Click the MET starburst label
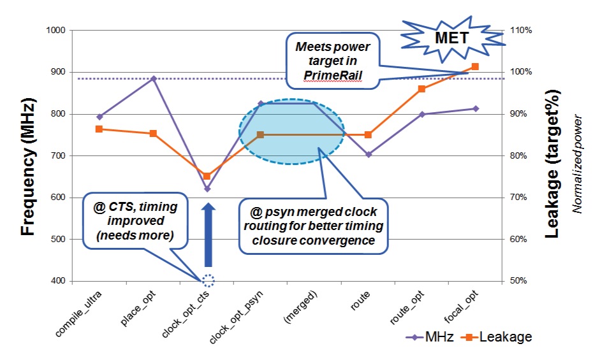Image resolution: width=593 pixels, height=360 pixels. point(452,38)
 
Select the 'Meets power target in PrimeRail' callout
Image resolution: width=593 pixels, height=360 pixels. point(333,61)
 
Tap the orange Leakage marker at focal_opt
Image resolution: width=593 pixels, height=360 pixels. point(476,67)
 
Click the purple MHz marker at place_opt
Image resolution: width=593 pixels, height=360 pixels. point(154,78)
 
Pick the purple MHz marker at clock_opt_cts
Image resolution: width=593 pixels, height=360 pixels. point(207,189)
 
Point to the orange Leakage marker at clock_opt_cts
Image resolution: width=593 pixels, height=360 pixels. point(207,176)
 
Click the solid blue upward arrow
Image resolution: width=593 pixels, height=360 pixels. point(208,234)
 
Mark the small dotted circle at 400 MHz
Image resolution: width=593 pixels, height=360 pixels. point(208,280)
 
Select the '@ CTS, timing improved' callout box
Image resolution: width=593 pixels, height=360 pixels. point(135,221)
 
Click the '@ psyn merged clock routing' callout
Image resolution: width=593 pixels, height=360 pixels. point(314,226)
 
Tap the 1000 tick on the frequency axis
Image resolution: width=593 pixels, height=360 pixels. point(56,30)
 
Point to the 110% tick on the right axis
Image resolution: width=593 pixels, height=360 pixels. point(521,30)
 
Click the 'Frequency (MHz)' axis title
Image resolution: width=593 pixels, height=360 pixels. point(28,166)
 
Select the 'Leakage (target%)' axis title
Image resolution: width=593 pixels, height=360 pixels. point(552,164)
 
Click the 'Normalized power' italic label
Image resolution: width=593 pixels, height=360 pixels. point(576,164)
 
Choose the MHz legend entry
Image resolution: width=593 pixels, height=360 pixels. point(430,336)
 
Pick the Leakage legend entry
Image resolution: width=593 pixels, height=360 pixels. point(497,336)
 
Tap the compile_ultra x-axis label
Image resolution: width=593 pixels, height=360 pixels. point(78,314)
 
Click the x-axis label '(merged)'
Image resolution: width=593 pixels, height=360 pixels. point(300,307)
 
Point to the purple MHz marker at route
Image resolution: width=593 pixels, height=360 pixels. point(369,154)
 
